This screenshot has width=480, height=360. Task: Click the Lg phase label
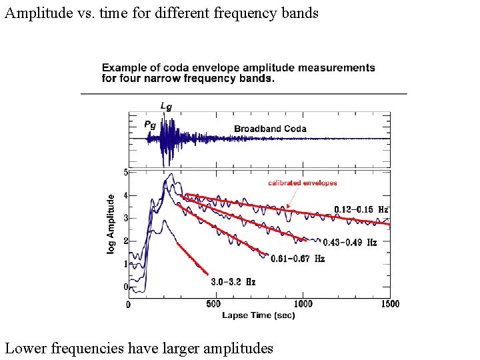click(x=165, y=105)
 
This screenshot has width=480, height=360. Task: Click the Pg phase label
click(x=150, y=124)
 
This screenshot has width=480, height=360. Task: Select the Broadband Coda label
click(x=270, y=129)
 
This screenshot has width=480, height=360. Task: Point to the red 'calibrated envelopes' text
click(x=302, y=183)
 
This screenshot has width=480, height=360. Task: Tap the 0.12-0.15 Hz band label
click(x=361, y=209)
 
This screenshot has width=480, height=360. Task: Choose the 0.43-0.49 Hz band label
click(x=349, y=243)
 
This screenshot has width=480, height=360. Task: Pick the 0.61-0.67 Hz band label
click(x=297, y=259)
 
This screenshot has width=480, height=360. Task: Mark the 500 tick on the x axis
click(x=213, y=304)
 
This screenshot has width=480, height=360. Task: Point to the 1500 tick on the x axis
click(x=390, y=304)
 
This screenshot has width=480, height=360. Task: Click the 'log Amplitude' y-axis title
click(x=111, y=223)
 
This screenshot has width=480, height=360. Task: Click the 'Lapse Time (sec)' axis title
click(x=258, y=315)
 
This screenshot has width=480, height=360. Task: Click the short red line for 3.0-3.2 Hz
click(x=192, y=258)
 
